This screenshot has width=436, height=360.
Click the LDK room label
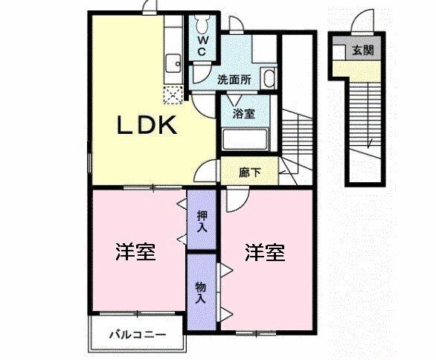147,126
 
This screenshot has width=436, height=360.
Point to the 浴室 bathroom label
243,114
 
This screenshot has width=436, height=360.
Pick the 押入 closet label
201,222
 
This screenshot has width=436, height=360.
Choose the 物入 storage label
201,292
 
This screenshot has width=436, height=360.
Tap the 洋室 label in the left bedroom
135,252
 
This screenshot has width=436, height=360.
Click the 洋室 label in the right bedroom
265,252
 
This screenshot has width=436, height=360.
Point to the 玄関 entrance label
362,51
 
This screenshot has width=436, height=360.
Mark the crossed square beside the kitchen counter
173,94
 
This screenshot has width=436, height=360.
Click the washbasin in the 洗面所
269,78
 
